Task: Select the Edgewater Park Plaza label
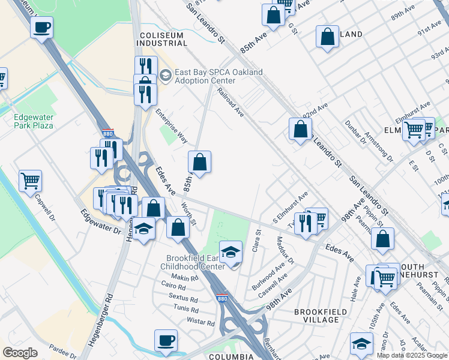pyautogui.click(x=34, y=121)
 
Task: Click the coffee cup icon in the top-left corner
pyautogui.click(x=41, y=28)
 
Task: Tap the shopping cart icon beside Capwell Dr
pyautogui.click(x=30, y=180)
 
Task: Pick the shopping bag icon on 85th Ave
pyautogui.click(x=199, y=162)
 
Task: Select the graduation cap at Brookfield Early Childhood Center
pyautogui.click(x=230, y=253)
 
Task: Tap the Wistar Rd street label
pyautogui.click(x=200, y=322)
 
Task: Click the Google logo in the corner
pyautogui.click(x=20, y=353)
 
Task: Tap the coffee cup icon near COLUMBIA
pyautogui.click(x=166, y=341)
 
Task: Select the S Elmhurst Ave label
pyautogui.click(x=290, y=205)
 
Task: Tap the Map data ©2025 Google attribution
pyautogui.click(x=412, y=355)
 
